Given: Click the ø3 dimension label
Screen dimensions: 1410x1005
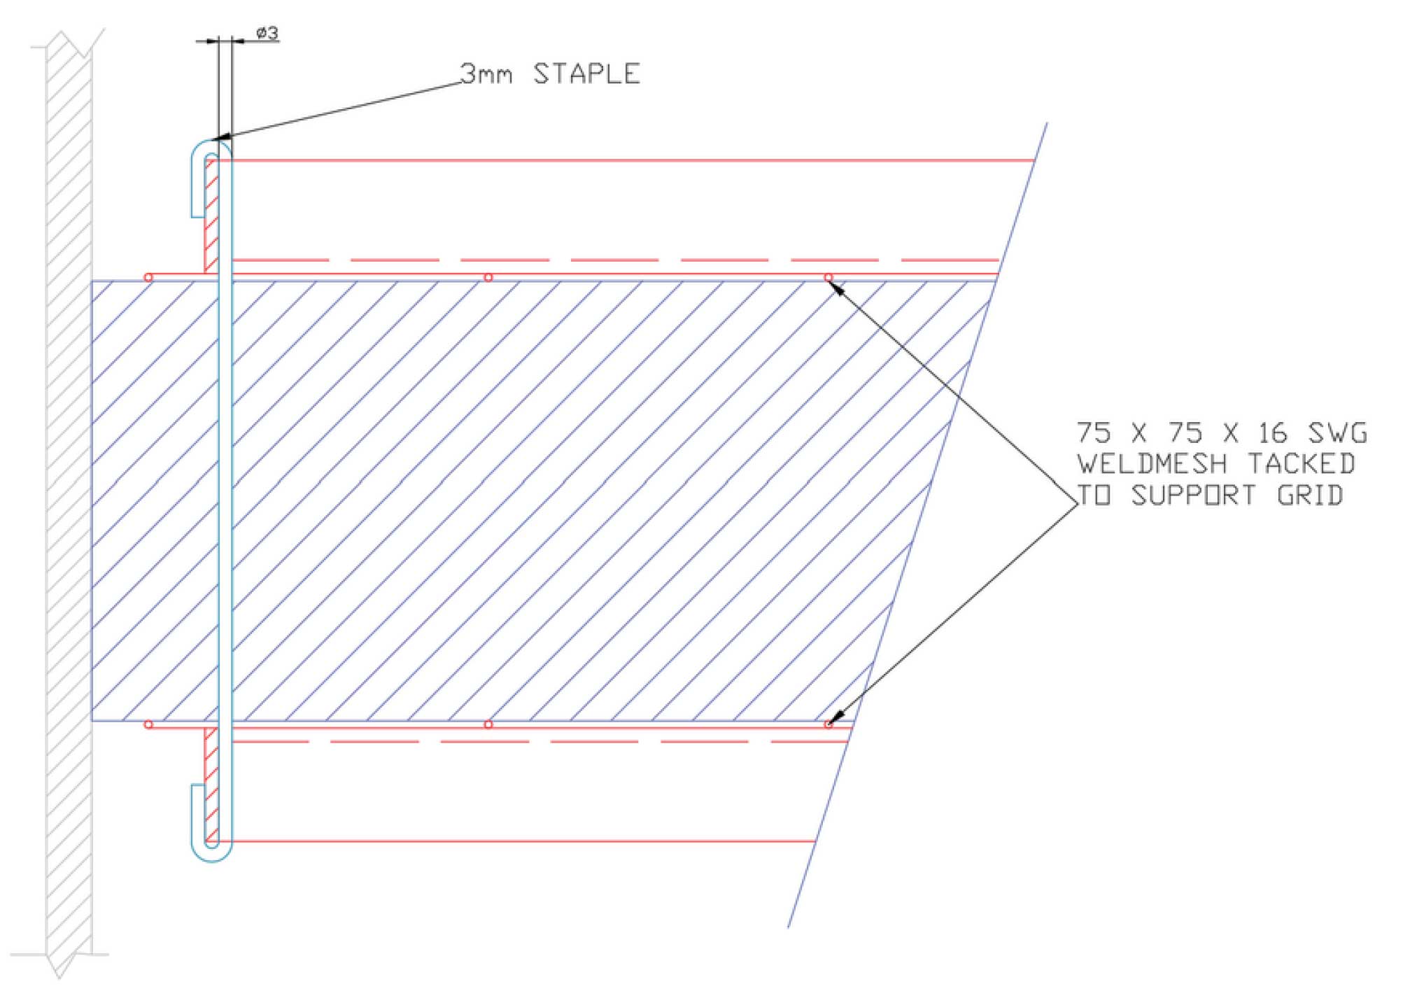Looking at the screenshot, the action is click(x=267, y=32).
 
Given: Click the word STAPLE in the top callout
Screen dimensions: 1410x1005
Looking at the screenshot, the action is click(x=586, y=73).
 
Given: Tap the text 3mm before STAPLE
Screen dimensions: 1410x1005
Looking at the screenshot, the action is click(x=486, y=73).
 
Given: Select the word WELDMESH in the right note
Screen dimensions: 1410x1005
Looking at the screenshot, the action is click(x=1151, y=463).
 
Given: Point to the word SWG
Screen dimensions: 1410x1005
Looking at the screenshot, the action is click(x=1337, y=433).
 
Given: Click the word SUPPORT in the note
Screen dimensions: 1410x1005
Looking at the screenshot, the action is click(x=1193, y=495).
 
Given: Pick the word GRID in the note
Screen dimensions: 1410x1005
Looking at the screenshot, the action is click(x=1310, y=495).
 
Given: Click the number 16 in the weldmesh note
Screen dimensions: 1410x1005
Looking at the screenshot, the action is click(x=1272, y=433).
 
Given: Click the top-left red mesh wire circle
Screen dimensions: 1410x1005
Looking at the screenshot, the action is click(x=148, y=278).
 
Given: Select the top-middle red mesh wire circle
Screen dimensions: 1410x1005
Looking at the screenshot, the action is click(x=488, y=278).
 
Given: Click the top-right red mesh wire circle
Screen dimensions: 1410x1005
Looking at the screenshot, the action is click(x=829, y=278).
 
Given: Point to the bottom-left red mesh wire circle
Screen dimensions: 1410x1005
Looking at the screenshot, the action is click(x=148, y=724).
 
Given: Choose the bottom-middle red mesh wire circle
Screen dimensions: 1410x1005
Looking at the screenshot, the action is click(x=488, y=724).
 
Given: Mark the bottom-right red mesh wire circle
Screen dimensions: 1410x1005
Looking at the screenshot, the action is click(x=829, y=724).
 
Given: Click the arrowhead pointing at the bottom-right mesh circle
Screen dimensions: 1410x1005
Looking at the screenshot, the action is click(x=837, y=718).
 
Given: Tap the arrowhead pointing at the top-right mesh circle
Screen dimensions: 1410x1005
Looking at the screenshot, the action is click(x=837, y=286).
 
